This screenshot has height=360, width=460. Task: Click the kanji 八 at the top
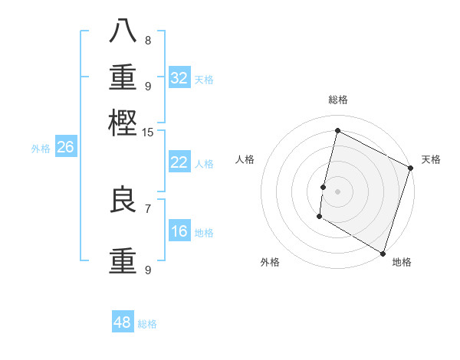pos(123,31)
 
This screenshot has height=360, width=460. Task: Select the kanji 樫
pos(123,122)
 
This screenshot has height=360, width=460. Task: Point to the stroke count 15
pos(148,133)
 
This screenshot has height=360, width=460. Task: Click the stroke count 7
pos(148,208)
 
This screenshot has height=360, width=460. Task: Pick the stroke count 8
pos(148,41)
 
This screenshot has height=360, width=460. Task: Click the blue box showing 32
pos(179,77)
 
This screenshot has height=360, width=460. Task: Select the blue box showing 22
pos(179,162)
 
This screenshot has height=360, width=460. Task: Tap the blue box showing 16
pos(179,231)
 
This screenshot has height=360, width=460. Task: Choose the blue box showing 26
pos(65,147)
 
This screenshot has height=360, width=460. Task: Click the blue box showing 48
pos(123,322)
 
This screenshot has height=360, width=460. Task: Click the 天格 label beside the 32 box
pos(204,79)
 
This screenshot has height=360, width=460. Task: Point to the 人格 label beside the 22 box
pos(204,163)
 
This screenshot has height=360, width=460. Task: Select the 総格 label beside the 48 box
pos(147,324)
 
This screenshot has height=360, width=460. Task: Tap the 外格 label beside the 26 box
pos(41,149)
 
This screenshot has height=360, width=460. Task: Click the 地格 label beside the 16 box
pos(204,233)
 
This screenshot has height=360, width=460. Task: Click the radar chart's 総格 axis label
pos(337,100)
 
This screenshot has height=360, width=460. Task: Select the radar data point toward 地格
pos(383,252)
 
